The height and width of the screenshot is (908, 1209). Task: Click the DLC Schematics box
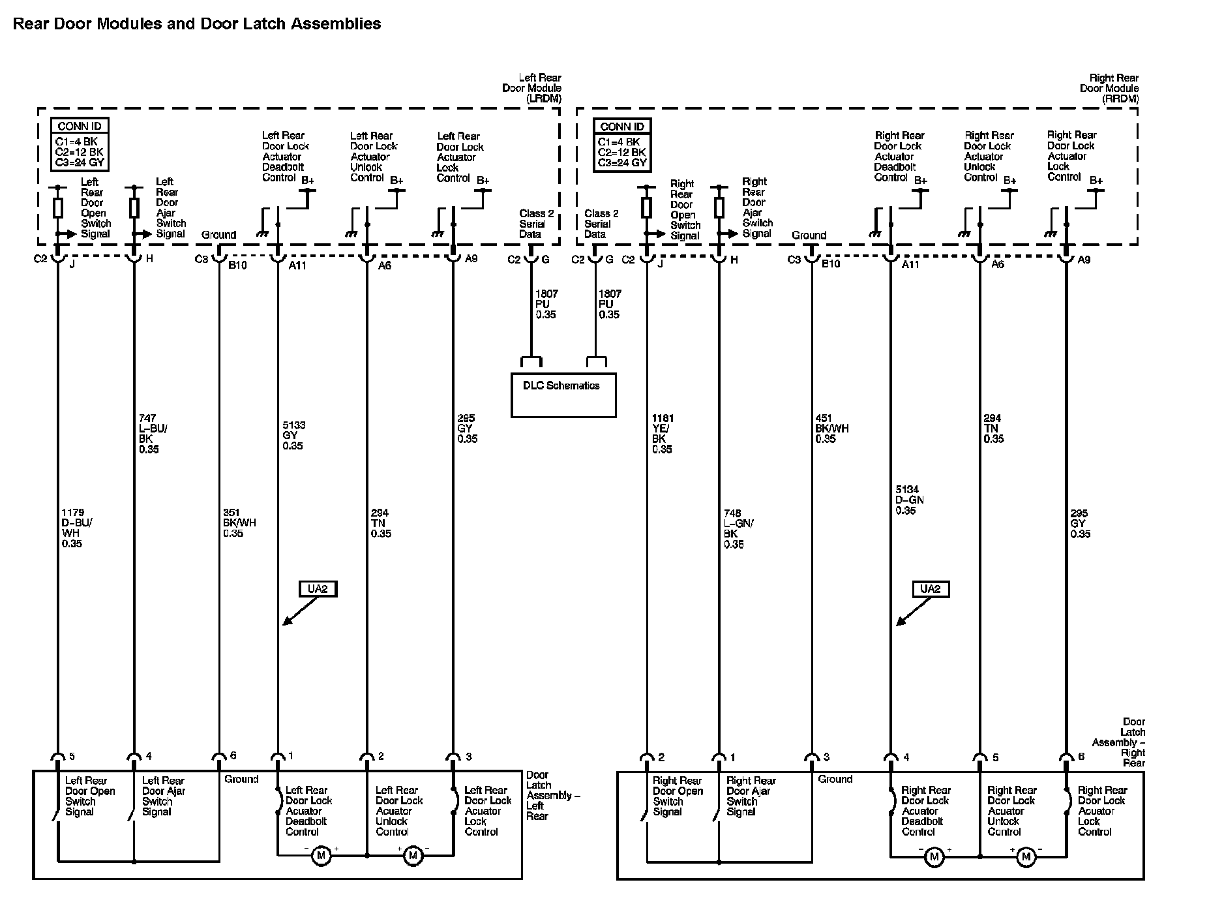click(x=563, y=395)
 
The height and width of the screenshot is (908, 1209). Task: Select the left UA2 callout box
click(x=318, y=589)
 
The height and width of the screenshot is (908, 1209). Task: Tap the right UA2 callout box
click(x=931, y=589)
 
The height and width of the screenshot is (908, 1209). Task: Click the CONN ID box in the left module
click(x=80, y=145)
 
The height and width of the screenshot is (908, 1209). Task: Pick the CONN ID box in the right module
click(x=621, y=145)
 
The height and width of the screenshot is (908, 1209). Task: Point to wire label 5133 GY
click(x=293, y=436)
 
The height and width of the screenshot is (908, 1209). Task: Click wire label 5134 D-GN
click(x=909, y=500)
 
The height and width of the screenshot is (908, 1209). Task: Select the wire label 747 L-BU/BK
click(x=149, y=434)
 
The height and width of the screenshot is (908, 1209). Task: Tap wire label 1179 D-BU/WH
click(x=73, y=528)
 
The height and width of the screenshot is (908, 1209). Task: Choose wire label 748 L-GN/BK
click(x=738, y=529)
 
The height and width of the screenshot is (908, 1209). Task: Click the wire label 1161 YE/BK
click(x=663, y=434)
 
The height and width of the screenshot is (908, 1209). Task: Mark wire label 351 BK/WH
click(x=239, y=523)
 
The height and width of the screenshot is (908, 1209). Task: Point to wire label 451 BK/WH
click(x=831, y=429)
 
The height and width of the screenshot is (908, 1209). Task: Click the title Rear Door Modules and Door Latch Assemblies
click(x=197, y=24)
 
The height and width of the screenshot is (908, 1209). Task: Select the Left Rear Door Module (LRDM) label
click(x=533, y=88)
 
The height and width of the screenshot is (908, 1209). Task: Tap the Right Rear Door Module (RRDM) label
click(x=1111, y=88)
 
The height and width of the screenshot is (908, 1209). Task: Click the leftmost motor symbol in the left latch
click(x=321, y=855)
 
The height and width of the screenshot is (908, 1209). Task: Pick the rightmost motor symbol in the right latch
click(x=1026, y=856)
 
